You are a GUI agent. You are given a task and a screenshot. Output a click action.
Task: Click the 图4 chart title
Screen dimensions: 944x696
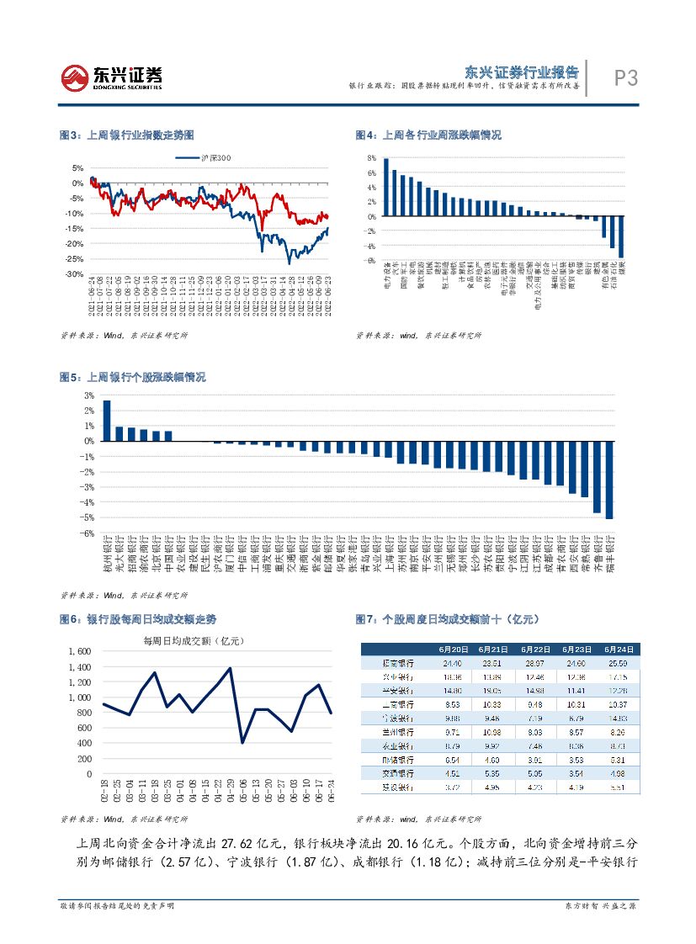click(x=428, y=135)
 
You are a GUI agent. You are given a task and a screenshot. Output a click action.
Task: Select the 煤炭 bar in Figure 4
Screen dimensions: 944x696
click(x=621, y=236)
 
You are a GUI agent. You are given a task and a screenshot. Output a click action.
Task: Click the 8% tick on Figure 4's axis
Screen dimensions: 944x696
click(x=371, y=158)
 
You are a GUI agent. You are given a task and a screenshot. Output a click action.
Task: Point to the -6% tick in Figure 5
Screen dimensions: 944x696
click(x=87, y=533)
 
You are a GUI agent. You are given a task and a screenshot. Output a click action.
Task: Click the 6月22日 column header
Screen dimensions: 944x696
click(x=535, y=650)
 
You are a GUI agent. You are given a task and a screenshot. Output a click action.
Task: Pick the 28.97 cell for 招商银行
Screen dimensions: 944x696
click(x=535, y=663)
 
